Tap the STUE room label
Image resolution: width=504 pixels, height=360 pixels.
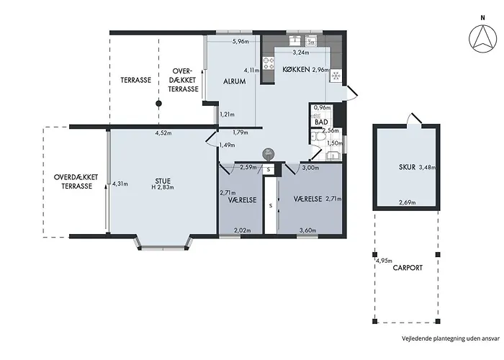(x=163, y=181)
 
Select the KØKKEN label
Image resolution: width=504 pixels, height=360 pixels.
(x=296, y=69)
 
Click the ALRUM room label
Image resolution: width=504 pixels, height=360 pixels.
(x=235, y=81)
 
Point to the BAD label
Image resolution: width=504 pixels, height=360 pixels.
(x=321, y=122)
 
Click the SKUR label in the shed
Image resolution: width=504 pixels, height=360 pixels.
(x=408, y=167)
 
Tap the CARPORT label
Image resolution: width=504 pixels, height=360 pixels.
(x=408, y=267)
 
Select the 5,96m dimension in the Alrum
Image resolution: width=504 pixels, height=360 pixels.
(x=240, y=41)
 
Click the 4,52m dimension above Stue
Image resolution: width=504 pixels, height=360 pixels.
(x=163, y=132)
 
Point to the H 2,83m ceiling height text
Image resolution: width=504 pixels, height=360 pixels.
(x=163, y=187)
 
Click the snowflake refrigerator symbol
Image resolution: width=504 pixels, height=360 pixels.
(x=336, y=76)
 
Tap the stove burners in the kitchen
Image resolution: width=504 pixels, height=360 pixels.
(x=269, y=63)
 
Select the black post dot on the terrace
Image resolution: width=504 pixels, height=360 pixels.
(x=158, y=104)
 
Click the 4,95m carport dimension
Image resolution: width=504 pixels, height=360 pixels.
(x=384, y=261)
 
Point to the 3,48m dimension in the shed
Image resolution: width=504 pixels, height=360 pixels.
(x=427, y=167)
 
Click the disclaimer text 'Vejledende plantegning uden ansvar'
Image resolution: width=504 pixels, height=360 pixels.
(x=451, y=338)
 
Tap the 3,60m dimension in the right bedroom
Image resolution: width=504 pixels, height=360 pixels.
(x=307, y=230)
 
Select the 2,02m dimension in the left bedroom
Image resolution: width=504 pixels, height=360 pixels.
(x=243, y=230)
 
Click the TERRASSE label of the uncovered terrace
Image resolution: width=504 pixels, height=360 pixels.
(x=135, y=80)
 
